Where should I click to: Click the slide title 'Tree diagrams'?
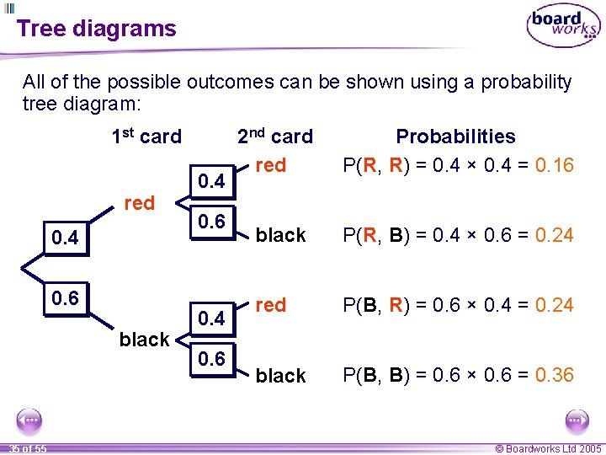point(96,29)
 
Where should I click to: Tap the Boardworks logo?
point(563,27)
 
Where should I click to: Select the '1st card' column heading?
point(146,136)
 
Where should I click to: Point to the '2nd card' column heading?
point(274,136)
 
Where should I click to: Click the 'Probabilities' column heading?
point(455,136)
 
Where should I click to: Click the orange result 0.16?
point(554,165)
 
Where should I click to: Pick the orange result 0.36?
point(554,375)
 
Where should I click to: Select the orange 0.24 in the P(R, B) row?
point(554,235)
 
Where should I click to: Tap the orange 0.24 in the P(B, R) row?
point(554,305)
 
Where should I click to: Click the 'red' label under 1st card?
point(139,203)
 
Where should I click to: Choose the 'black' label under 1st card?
point(145,340)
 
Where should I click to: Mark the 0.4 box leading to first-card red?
point(65,238)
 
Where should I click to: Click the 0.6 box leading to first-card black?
point(65,299)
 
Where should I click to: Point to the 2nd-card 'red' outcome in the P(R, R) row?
point(270,165)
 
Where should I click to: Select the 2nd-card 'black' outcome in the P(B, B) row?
point(280,376)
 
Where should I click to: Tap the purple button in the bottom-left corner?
point(29,420)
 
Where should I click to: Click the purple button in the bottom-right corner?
point(577,420)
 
